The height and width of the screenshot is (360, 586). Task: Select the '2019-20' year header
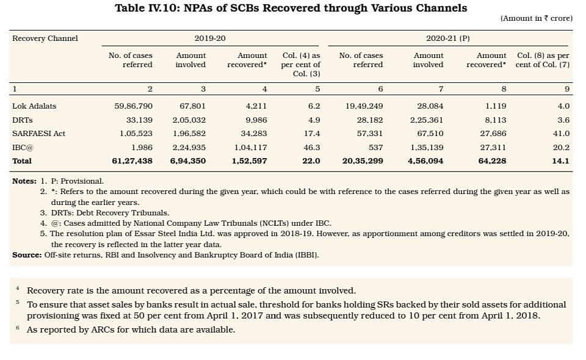210,38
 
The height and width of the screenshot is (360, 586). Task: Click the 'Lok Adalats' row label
34,106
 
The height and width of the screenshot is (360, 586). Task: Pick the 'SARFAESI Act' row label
38,133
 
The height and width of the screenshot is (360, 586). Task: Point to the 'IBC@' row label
22,147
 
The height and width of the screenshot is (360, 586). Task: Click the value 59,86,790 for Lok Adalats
133,106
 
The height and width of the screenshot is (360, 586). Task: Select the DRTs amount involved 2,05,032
189,120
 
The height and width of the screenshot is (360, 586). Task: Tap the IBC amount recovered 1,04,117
250,147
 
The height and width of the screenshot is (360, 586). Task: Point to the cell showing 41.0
560,133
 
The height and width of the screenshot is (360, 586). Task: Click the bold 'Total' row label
22,160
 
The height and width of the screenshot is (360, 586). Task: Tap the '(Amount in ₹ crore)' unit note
536,18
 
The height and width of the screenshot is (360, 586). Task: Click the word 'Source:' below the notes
27,254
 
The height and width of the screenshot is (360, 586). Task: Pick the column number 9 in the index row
567,89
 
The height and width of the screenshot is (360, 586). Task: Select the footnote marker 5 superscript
18,302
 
